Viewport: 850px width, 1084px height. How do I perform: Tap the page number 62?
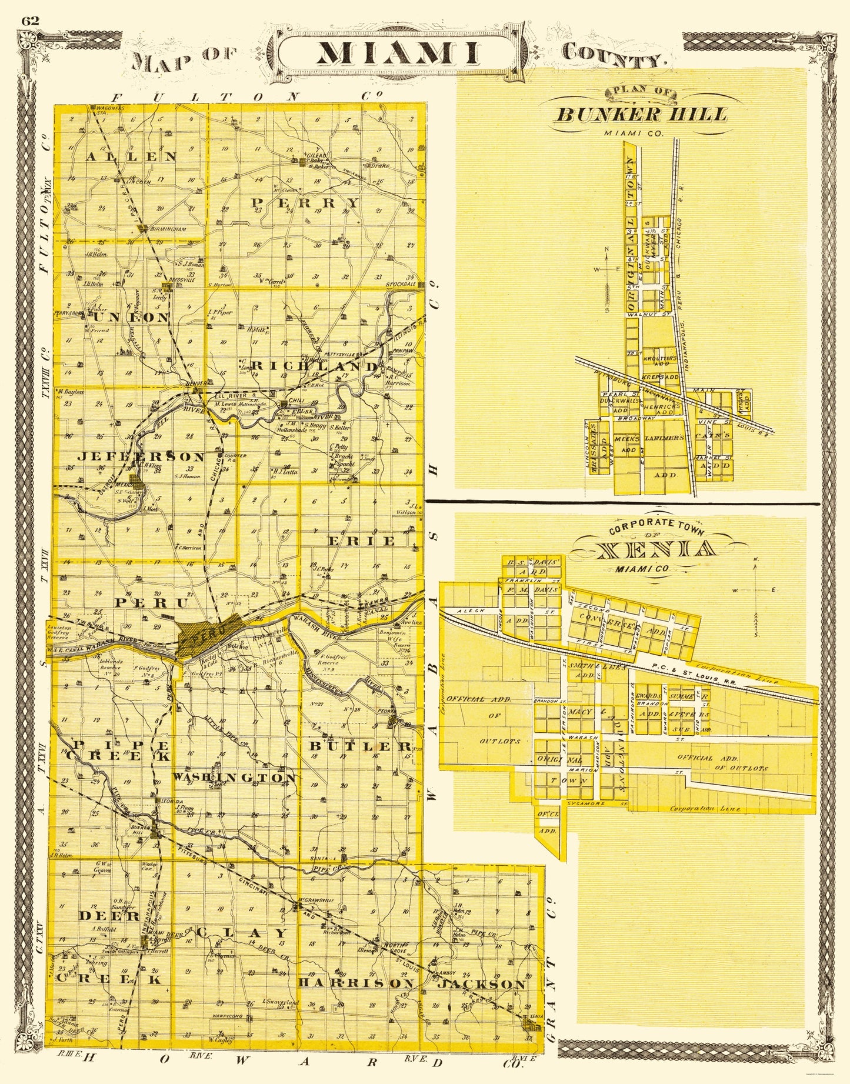(x=29, y=21)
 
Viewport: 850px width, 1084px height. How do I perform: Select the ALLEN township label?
(x=133, y=156)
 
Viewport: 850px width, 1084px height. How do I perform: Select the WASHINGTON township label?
(x=234, y=778)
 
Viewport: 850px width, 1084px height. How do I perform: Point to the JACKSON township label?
(x=480, y=984)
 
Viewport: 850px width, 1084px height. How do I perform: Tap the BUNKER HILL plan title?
(x=641, y=114)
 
